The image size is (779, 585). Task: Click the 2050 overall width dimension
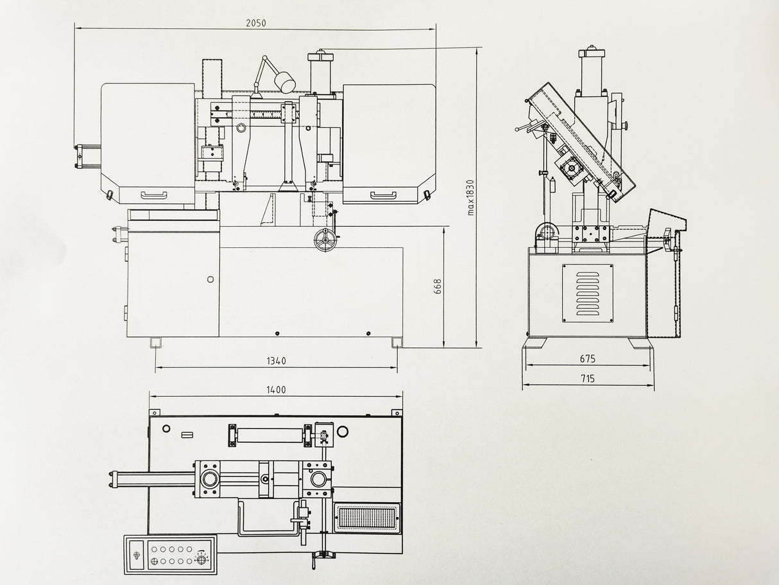(x=255, y=22)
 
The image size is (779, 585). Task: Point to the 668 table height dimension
(x=438, y=286)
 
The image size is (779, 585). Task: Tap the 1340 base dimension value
(x=276, y=361)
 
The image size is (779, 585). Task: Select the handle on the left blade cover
(x=154, y=194)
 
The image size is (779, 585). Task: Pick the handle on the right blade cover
(x=383, y=194)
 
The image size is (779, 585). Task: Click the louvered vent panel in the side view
(x=588, y=293)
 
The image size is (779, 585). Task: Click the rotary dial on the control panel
(x=201, y=561)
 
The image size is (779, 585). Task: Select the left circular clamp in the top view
(x=209, y=479)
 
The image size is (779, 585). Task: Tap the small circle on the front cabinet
(x=210, y=279)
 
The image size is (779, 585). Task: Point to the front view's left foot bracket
(x=155, y=343)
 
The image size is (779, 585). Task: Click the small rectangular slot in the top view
(x=187, y=435)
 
